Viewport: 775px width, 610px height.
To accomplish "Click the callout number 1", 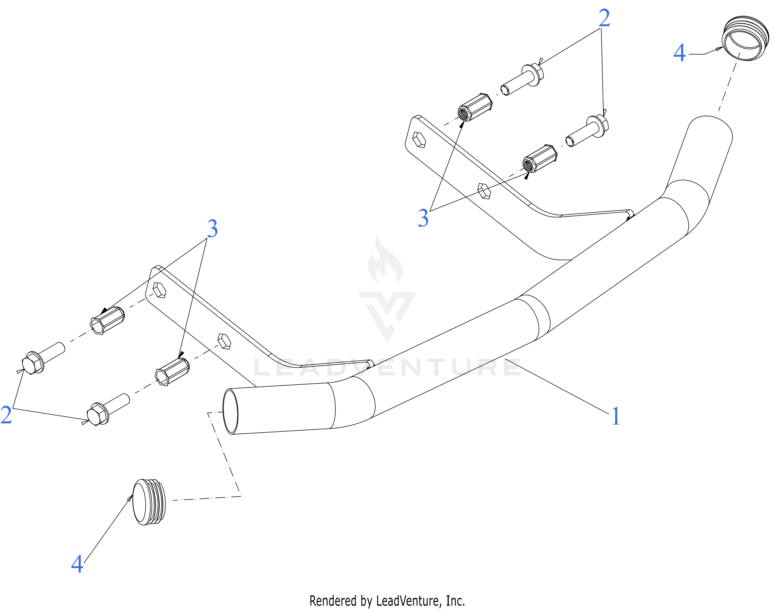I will pos(615,416).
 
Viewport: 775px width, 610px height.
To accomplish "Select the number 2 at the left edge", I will pos(6,415).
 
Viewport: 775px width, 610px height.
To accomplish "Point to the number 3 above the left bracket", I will pos(212,229).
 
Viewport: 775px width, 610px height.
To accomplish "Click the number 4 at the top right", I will pos(679,53).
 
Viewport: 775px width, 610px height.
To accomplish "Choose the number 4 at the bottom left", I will pos(77,564).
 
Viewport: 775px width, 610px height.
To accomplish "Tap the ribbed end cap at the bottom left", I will pos(149,502).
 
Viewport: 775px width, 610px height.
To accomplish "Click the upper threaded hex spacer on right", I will pos(475,107).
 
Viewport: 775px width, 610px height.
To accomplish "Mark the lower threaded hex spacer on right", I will pos(539,159).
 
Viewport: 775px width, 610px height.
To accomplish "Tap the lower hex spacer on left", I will pos(172,372).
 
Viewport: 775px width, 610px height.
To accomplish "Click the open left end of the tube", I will pos(230,412).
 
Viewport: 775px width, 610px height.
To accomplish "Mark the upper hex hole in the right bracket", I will pos(419,140).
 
